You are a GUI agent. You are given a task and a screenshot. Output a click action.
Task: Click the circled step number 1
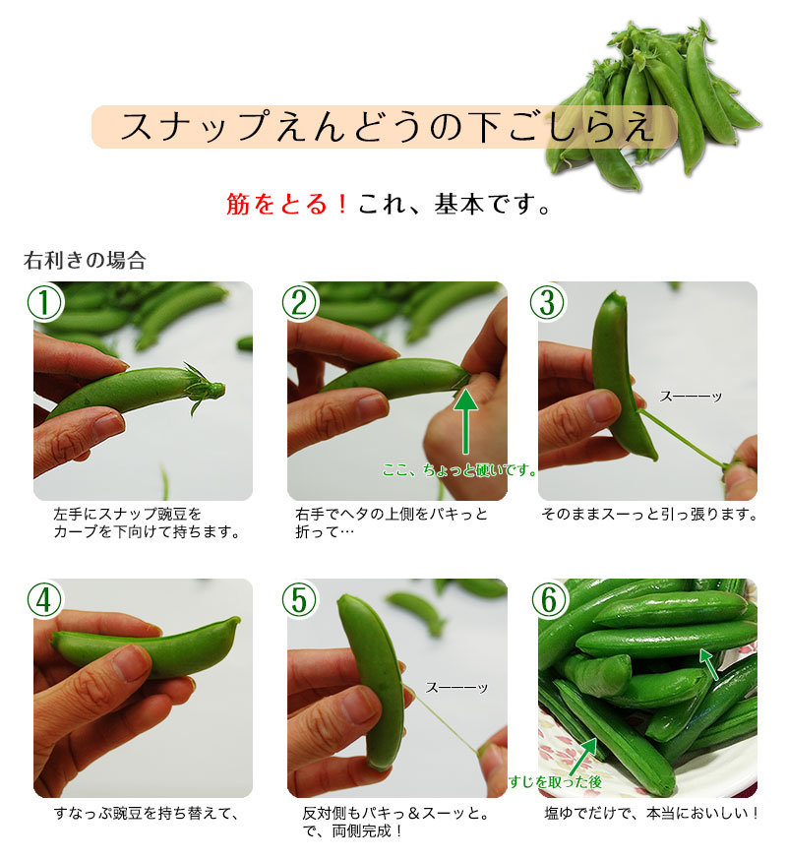point(44,302)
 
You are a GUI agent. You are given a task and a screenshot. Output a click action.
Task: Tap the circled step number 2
point(298,302)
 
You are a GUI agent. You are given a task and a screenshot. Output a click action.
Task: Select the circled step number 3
point(549,302)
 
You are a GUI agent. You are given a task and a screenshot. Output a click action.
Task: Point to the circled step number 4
point(44,599)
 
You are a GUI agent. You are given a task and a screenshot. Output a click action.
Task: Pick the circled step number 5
point(298,599)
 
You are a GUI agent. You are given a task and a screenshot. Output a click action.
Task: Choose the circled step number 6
point(549,599)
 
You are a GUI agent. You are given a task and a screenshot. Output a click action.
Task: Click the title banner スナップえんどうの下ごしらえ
point(384,128)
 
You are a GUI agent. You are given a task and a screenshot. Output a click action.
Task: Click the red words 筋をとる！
point(287,205)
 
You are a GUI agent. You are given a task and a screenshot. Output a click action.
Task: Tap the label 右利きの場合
point(85,261)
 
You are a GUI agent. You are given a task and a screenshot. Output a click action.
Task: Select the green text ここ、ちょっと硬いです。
point(459,470)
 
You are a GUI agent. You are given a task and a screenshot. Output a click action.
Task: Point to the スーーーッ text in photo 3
point(691,396)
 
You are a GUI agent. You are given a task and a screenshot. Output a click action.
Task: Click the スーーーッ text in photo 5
point(456,688)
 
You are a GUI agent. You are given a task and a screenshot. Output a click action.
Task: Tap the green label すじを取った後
point(555,782)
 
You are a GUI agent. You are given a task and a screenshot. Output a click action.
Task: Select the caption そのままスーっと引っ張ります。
point(649,515)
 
